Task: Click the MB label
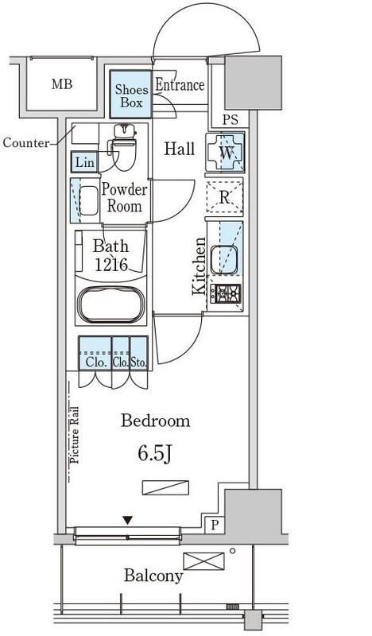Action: click(x=62, y=84)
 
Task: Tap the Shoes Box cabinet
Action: click(x=130, y=94)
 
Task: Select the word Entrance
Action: click(x=180, y=84)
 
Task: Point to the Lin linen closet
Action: click(x=85, y=162)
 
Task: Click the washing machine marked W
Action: click(x=225, y=153)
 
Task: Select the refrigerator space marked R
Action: click(x=224, y=196)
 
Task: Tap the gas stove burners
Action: click(x=226, y=293)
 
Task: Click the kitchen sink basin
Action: click(x=223, y=260)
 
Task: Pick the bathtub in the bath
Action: click(x=111, y=304)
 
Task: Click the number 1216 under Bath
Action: click(x=111, y=265)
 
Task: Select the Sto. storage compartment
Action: click(x=139, y=353)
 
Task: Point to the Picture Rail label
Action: click(x=75, y=435)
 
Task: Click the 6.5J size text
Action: click(x=155, y=454)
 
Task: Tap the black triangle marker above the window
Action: click(x=128, y=520)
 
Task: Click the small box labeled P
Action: click(x=214, y=525)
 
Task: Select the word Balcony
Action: click(x=153, y=576)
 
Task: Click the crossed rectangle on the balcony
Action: click(x=203, y=561)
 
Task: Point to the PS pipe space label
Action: click(x=230, y=120)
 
